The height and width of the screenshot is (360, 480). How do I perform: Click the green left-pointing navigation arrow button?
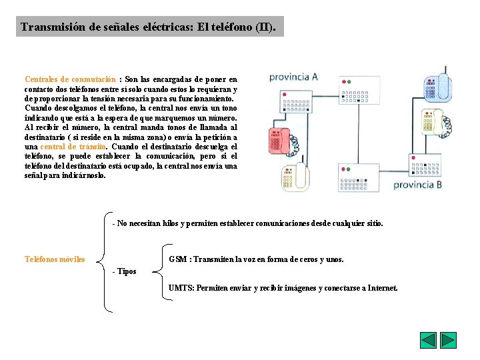[x=428, y=340]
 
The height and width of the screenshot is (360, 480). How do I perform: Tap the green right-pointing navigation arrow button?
[x=449, y=340]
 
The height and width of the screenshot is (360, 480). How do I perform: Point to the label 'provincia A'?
[x=293, y=77]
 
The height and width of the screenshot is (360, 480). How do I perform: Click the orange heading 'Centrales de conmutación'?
[x=71, y=79]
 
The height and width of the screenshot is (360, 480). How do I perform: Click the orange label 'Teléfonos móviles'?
[x=55, y=259]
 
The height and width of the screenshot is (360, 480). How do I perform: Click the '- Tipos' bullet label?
[x=125, y=271]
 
